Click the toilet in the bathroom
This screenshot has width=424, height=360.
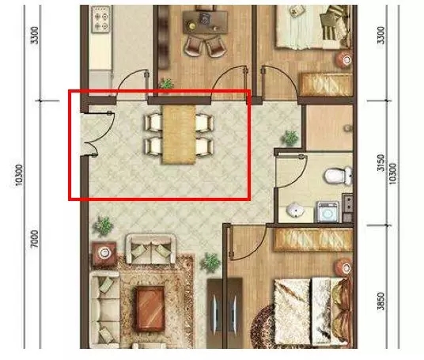(338, 176)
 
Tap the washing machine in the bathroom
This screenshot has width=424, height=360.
(327, 212)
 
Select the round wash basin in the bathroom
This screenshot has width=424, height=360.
(295, 210)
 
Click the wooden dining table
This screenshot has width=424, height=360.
(179, 135)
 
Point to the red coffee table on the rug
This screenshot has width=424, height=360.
(150, 309)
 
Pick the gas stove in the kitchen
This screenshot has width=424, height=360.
(101, 20)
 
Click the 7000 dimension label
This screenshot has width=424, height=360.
(35, 239)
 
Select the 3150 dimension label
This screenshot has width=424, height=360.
(380, 163)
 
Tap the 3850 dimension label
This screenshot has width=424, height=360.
(380, 301)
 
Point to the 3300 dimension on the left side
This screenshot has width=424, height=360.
(35, 35)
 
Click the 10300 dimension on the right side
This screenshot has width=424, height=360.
(393, 173)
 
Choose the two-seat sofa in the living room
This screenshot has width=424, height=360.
(151, 249)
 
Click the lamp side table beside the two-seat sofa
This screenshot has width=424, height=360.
(104, 253)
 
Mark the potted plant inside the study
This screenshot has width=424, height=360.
(166, 83)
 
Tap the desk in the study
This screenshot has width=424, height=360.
(205, 23)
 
